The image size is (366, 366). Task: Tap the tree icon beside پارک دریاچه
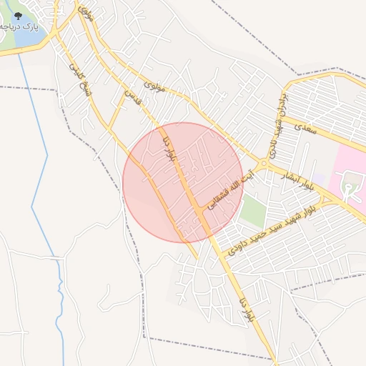click(18, 16)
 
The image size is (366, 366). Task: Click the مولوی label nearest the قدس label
click(155, 87)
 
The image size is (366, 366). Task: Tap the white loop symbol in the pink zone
click(348, 189)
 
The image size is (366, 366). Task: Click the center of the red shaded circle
click(183, 182)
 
